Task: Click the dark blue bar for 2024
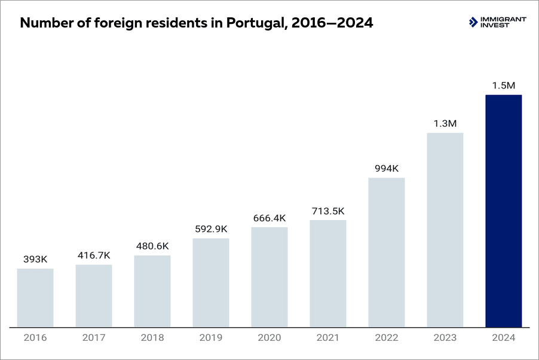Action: [x=503, y=211]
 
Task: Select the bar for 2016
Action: [x=35, y=298]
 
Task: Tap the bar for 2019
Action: [x=210, y=283]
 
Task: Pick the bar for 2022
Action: [x=386, y=252]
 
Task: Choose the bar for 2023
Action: [x=445, y=230]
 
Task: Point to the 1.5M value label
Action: [x=503, y=86]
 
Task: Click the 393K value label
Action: [x=35, y=259]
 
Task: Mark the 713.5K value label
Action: [x=327, y=211]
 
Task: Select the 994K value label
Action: [x=386, y=169]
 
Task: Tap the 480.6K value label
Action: [x=152, y=246]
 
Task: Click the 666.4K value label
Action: [x=269, y=218]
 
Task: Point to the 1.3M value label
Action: [x=445, y=124]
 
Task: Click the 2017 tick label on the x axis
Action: [x=93, y=338]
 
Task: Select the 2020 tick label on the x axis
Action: [x=269, y=338]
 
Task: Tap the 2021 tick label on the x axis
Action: [x=327, y=338]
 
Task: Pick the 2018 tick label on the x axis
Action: [x=152, y=338]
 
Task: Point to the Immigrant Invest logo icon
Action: [x=474, y=23]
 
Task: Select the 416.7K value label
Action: [x=93, y=255]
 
